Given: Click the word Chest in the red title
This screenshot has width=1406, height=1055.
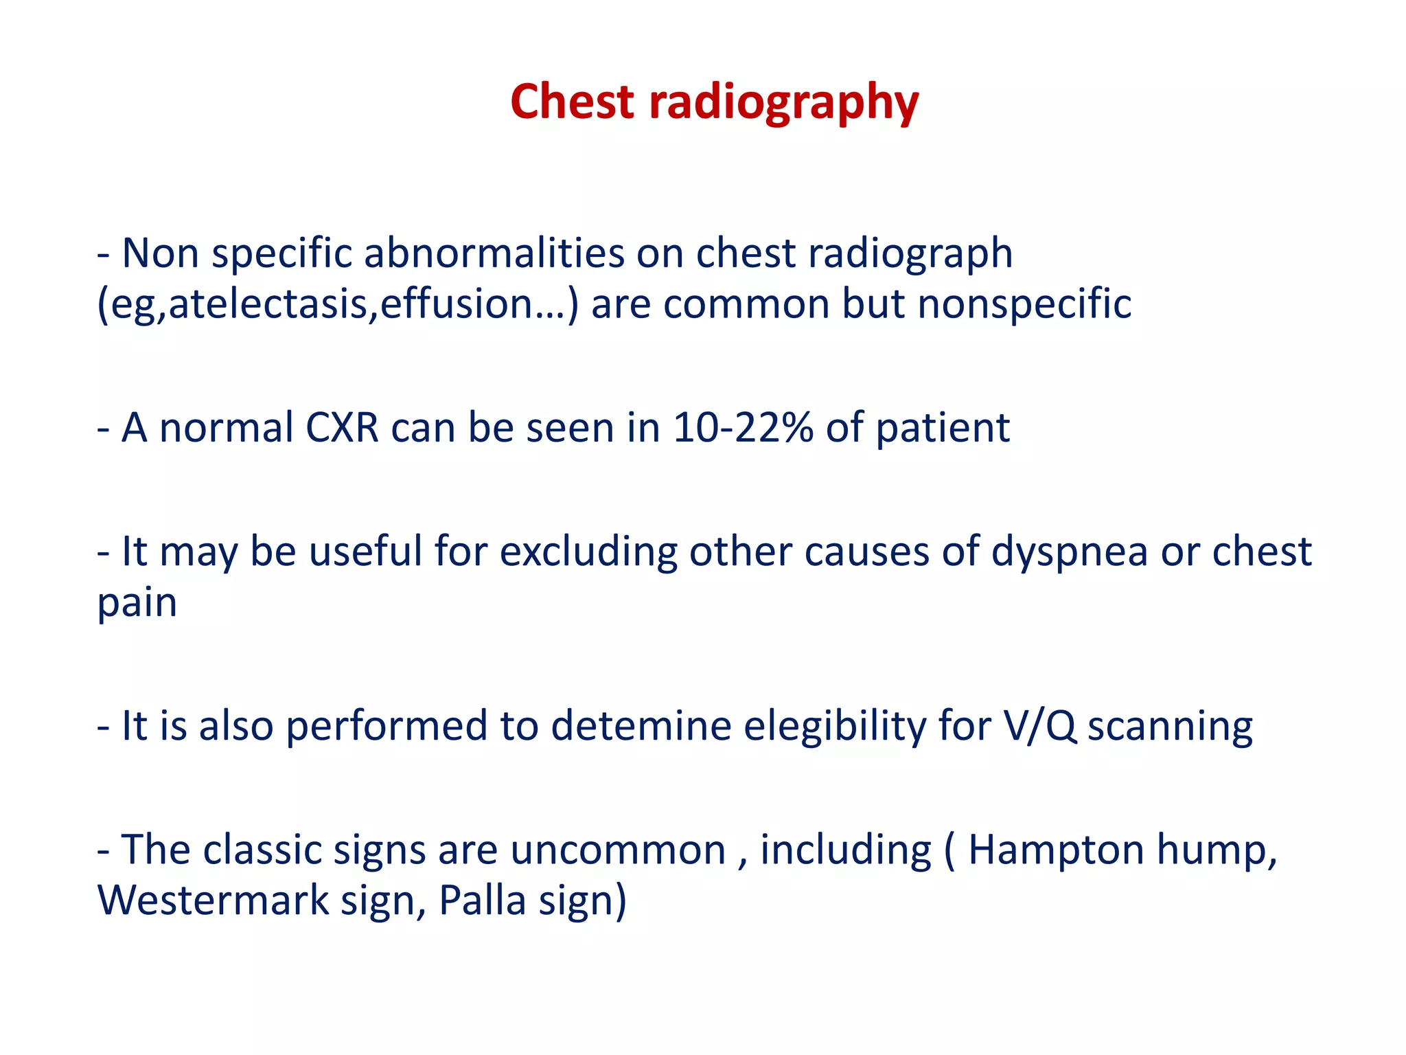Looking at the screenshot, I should click(x=572, y=102).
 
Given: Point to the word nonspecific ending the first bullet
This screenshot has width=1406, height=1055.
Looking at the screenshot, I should click(x=1024, y=304).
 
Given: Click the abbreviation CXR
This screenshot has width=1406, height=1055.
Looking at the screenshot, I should click(x=341, y=427).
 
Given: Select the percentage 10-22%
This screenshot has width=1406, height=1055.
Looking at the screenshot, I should click(x=743, y=427).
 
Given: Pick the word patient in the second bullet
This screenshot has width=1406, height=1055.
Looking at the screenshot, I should click(x=942, y=429).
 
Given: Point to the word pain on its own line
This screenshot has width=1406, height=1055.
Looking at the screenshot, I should click(x=137, y=603).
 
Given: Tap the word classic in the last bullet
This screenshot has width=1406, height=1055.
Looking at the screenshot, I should click(x=262, y=850).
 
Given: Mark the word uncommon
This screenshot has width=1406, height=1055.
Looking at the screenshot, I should click(x=618, y=851).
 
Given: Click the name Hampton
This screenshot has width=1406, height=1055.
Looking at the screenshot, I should click(x=1055, y=851).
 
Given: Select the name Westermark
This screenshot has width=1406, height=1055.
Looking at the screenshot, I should click(x=214, y=900).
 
